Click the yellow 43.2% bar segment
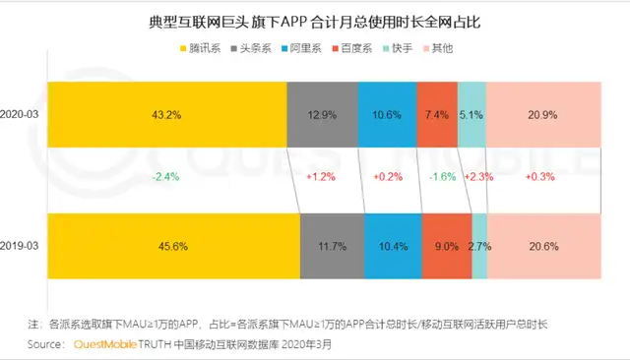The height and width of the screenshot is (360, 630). click(166, 115)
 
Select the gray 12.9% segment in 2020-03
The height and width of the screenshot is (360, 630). click(322, 115)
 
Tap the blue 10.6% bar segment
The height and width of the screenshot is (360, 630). click(387, 115)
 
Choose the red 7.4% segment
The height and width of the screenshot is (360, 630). click(437, 115)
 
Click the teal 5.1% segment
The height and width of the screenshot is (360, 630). click(472, 115)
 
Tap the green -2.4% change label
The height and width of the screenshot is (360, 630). click(165, 177)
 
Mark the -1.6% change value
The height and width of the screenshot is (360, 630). click(435, 177)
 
